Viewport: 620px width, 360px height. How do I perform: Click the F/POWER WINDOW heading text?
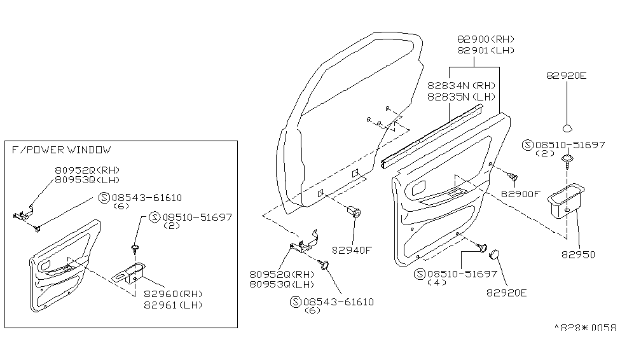click(61, 150)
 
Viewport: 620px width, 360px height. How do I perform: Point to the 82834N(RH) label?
click(460, 86)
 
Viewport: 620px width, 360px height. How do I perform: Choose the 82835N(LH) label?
click(460, 97)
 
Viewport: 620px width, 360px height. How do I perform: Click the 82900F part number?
click(520, 193)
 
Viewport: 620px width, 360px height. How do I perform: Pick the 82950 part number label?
click(579, 254)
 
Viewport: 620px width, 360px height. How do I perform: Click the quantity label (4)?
click(439, 282)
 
